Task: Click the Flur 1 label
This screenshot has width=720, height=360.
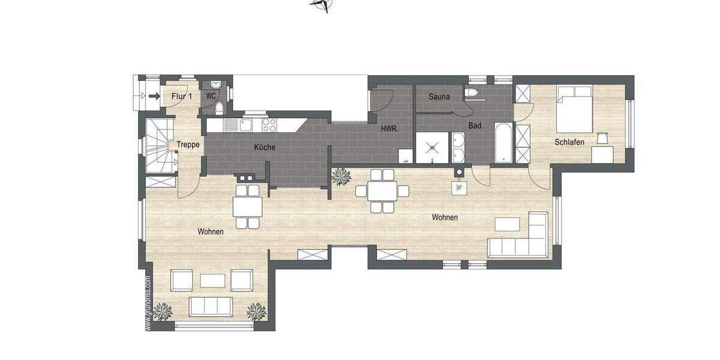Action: pyautogui.click(x=181, y=96)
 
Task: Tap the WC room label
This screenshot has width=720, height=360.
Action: pyautogui.click(x=211, y=96)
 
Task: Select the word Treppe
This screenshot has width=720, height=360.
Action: pyautogui.click(x=187, y=145)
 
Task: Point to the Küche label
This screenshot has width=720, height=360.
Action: pyautogui.click(x=265, y=147)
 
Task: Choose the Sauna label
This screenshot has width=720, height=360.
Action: pyautogui.click(x=440, y=96)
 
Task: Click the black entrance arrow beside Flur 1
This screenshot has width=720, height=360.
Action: pyautogui.click(x=154, y=96)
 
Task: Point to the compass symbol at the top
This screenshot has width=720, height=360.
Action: pyautogui.click(x=322, y=5)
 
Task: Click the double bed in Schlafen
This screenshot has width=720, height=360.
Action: pyautogui.click(x=575, y=108)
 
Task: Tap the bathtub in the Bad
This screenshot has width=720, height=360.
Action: pyautogui.click(x=502, y=142)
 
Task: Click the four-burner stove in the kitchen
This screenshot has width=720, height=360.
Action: pyautogui.click(x=269, y=125)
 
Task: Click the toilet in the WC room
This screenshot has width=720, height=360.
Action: pyautogui.click(x=220, y=108)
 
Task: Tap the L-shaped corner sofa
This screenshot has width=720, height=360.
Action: pyautogui.click(x=522, y=239)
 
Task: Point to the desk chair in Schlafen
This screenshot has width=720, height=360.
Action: pyautogui.click(x=604, y=139)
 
